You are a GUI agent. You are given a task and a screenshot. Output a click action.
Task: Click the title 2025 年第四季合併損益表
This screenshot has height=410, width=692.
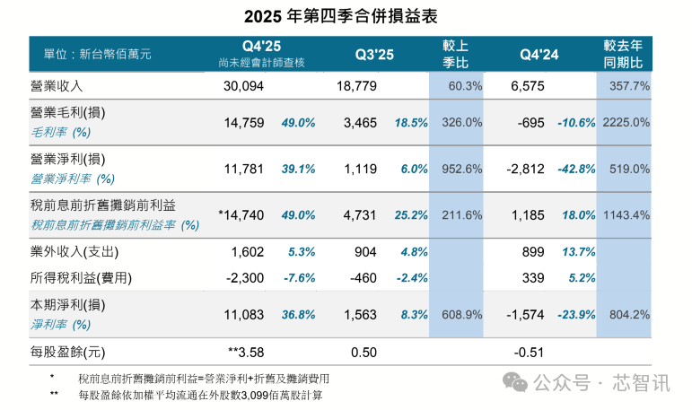click(346, 16)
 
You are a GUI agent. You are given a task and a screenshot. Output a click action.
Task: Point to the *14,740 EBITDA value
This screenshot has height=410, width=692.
click(241, 214)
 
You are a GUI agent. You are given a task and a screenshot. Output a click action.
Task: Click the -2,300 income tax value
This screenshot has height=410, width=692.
click(244, 277)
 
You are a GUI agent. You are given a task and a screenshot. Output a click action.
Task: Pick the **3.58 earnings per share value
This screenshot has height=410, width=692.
click(246, 352)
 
